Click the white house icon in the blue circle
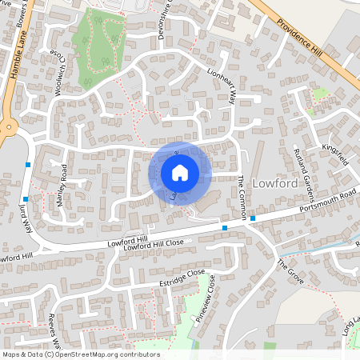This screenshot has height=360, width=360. tap(179, 172)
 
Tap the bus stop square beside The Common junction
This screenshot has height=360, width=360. tap(252, 218)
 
